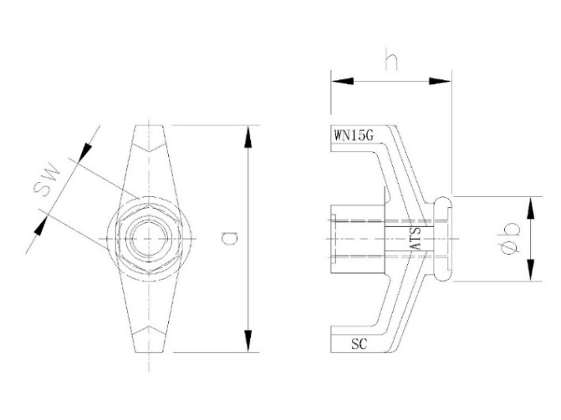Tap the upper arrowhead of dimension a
point(247,134)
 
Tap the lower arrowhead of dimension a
point(247,343)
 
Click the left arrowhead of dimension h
point(339,81)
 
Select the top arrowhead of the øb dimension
point(530,205)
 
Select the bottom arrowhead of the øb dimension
point(530,274)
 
